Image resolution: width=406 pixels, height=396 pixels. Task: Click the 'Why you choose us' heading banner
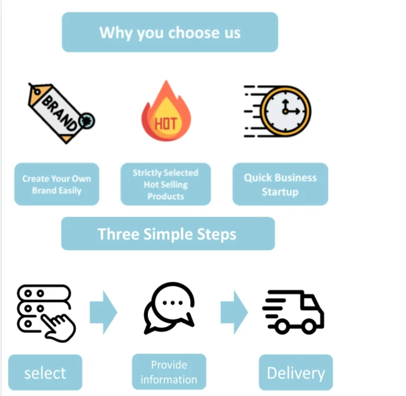pos(169,32)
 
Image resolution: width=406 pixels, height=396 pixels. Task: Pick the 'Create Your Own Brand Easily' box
pos(56,185)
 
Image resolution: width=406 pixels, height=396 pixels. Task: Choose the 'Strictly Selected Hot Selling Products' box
pos(165,184)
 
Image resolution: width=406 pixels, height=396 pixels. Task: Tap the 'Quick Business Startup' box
pos(280,185)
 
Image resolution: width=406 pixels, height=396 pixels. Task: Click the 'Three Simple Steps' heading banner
pos(167,234)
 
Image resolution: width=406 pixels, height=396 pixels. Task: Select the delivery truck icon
pos(293,311)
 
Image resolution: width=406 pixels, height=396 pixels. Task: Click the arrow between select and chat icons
pos(103,312)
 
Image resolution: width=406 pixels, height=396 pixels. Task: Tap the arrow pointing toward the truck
pos(234,312)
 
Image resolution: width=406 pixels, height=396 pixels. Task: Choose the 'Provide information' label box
pos(169,372)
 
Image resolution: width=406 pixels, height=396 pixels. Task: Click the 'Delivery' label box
pos(295,373)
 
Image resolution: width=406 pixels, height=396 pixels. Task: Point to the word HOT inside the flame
pos(165,122)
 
